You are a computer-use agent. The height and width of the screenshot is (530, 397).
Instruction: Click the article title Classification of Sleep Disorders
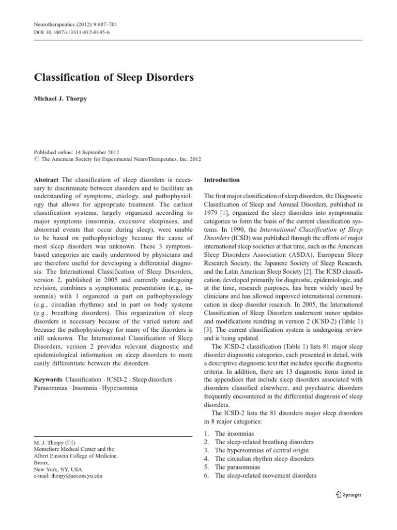coord(114,78)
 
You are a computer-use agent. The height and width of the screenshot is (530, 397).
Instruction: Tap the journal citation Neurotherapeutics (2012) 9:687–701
coord(77,24)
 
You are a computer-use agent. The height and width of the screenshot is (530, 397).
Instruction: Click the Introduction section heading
coord(222,180)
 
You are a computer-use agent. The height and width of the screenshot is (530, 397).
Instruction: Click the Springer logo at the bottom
coord(348,494)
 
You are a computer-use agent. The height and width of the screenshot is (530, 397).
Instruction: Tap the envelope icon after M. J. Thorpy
coord(72,443)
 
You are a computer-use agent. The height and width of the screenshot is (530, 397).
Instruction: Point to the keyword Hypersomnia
coord(120,388)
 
